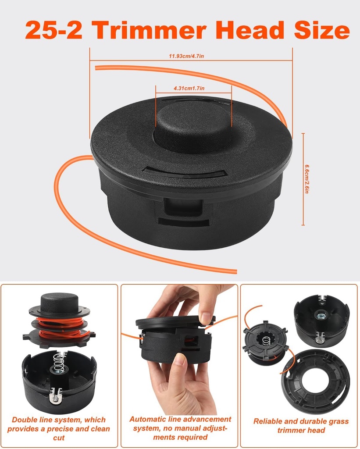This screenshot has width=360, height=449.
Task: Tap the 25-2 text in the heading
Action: tap(54, 30)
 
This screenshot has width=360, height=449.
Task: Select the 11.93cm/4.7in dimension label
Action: tap(186, 56)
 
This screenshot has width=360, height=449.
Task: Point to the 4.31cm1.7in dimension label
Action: tap(189, 88)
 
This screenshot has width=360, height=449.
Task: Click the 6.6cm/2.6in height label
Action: tap(307, 179)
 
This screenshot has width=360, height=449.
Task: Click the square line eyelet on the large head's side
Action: tap(183, 207)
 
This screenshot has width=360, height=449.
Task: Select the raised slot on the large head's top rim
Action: tap(185, 173)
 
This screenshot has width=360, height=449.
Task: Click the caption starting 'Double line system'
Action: tap(59, 428)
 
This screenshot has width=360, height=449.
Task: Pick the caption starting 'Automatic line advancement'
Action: tap(180, 428)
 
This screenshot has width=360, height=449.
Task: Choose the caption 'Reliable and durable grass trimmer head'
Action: tap(301, 425)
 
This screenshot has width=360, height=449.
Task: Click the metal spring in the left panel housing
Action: tap(59, 363)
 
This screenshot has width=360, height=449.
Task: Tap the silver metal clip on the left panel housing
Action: tap(55, 396)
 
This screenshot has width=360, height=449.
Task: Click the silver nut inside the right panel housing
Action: tap(321, 316)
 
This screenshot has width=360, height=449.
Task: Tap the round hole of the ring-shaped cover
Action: tap(315, 380)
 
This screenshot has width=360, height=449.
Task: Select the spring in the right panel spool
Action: tap(266, 340)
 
